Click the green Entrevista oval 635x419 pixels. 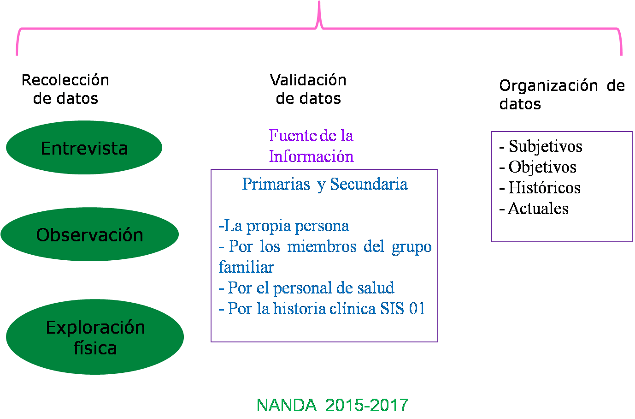coord(84,147)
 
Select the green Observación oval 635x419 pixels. coord(89,234)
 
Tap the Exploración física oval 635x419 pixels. coord(94,337)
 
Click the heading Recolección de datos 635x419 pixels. coord(65,89)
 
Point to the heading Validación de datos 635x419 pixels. coord(308,89)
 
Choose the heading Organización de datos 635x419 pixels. coord(562,95)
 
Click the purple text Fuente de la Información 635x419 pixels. coord(311,146)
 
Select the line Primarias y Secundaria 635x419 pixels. coord(325,184)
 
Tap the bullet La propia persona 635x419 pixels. coord(284,226)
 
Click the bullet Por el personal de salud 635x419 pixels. coord(306,288)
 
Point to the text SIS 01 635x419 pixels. coord(403,308)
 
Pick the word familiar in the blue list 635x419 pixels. coord(246,267)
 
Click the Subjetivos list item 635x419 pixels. coord(541,147)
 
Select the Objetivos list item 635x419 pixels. coord(538,167)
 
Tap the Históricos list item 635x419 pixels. coord(540,188)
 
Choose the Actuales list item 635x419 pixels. coord(534,209)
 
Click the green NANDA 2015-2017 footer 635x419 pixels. coord(332,405)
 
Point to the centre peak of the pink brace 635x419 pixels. coord(319,2)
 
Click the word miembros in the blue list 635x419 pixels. coord(322,246)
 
